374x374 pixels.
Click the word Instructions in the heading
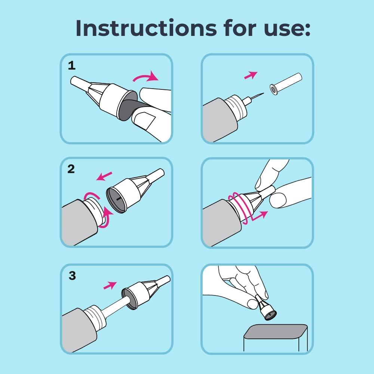click(x=146, y=28)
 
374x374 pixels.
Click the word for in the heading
click(x=240, y=28)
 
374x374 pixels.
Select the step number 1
click(x=71, y=65)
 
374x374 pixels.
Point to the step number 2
click(x=71, y=169)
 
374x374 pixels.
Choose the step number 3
click(x=72, y=276)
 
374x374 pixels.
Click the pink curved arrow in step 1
click(x=146, y=76)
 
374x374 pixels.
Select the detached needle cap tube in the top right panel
click(x=286, y=84)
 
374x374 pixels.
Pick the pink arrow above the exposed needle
click(x=251, y=75)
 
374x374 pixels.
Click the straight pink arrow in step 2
click(x=104, y=176)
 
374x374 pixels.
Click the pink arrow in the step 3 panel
click(x=110, y=285)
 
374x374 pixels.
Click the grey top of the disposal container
click(x=276, y=331)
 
